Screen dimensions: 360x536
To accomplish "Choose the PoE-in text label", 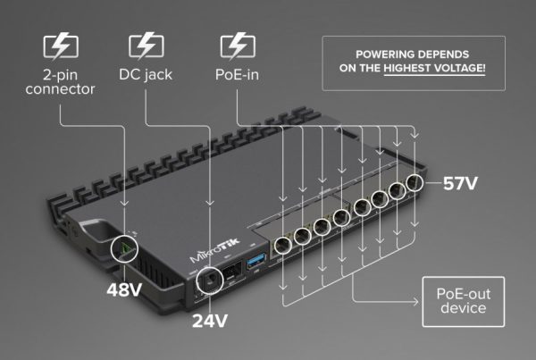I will tap(238, 72).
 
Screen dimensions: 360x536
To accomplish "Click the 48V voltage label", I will tap(125, 290).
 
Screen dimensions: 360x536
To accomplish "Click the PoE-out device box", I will tap(462, 301).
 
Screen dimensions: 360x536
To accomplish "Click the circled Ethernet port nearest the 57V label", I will tap(414, 182).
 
